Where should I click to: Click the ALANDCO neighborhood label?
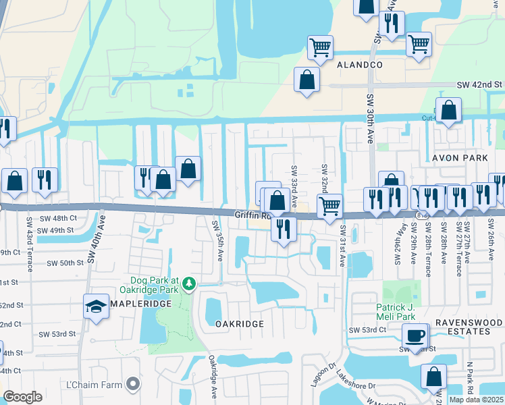[360, 65]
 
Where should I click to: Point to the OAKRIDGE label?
[239, 324]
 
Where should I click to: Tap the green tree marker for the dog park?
[191, 282]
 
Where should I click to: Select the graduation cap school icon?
[95, 306]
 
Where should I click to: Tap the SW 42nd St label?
[480, 84]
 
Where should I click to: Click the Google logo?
[22, 397]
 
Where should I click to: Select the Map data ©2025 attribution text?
[477, 400]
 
